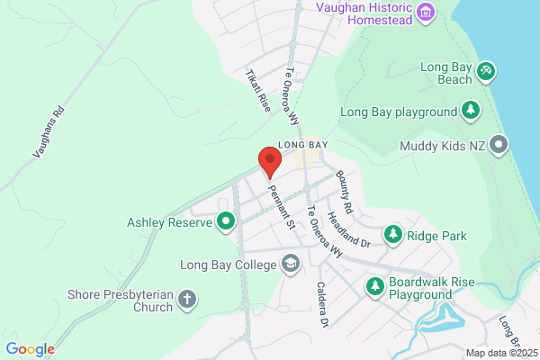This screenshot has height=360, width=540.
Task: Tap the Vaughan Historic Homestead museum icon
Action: (x=427, y=13)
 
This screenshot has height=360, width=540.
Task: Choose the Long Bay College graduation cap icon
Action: (x=291, y=264)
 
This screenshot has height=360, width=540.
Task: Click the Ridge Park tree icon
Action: (x=393, y=235)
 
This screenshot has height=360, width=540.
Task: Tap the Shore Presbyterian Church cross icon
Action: (x=187, y=299)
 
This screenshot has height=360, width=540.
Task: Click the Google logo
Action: (x=30, y=349)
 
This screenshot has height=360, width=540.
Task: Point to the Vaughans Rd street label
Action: (x=50, y=133)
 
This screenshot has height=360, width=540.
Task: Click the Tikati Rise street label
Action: (x=258, y=90)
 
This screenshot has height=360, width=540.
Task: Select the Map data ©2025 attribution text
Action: (x=500, y=353)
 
